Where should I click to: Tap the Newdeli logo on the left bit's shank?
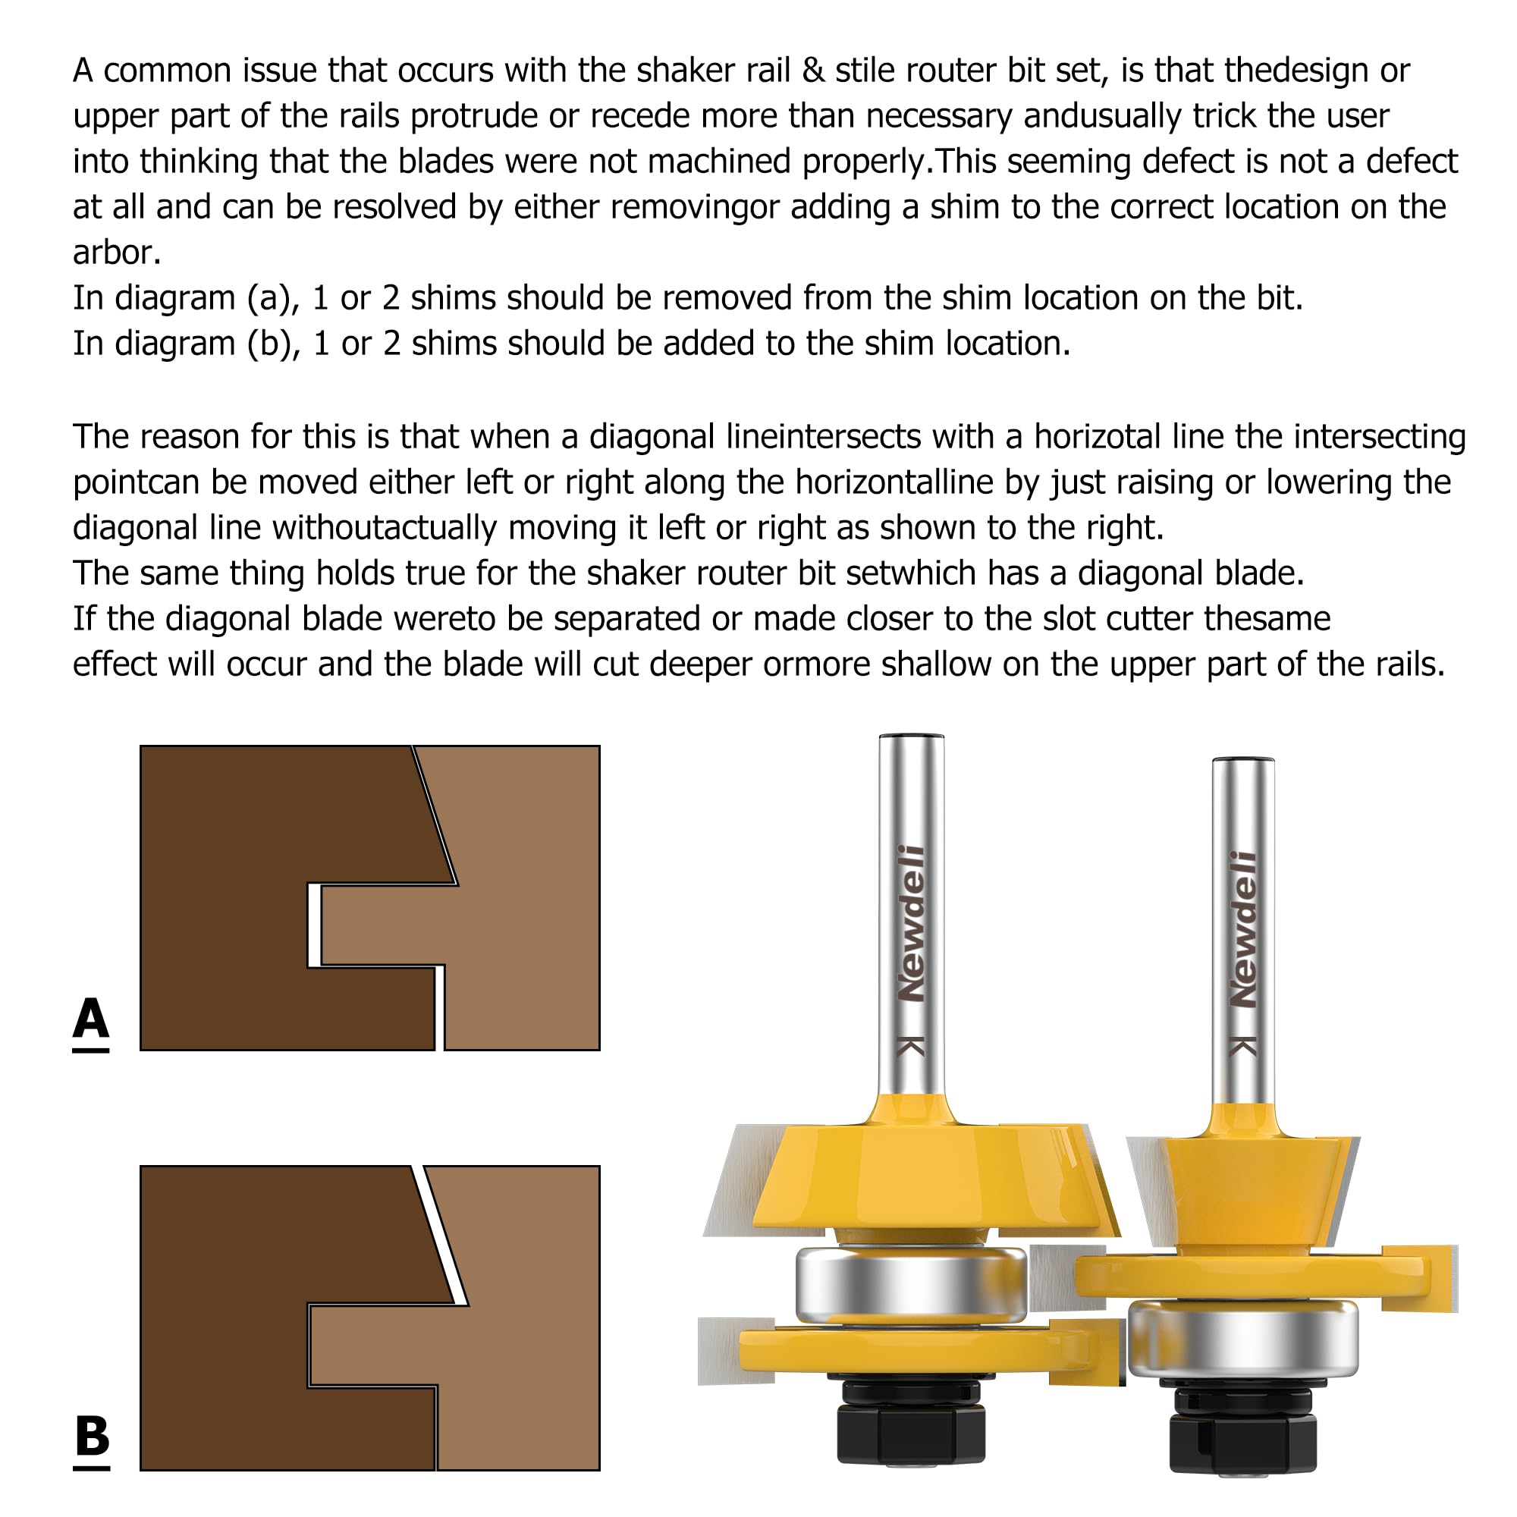tap(911, 923)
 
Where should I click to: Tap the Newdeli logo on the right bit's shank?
tap(1243, 930)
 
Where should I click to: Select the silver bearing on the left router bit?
tap(911, 1285)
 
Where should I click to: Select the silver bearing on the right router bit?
tap(1243, 1340)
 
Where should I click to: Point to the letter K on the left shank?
tap(911, 1046)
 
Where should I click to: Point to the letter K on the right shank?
tap(1243, 1046)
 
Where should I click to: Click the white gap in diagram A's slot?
tap(315, 925)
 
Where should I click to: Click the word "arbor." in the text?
tap(116, 253)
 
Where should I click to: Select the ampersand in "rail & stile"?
tap(813, 71)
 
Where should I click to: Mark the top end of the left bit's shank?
tap(911, 738)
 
